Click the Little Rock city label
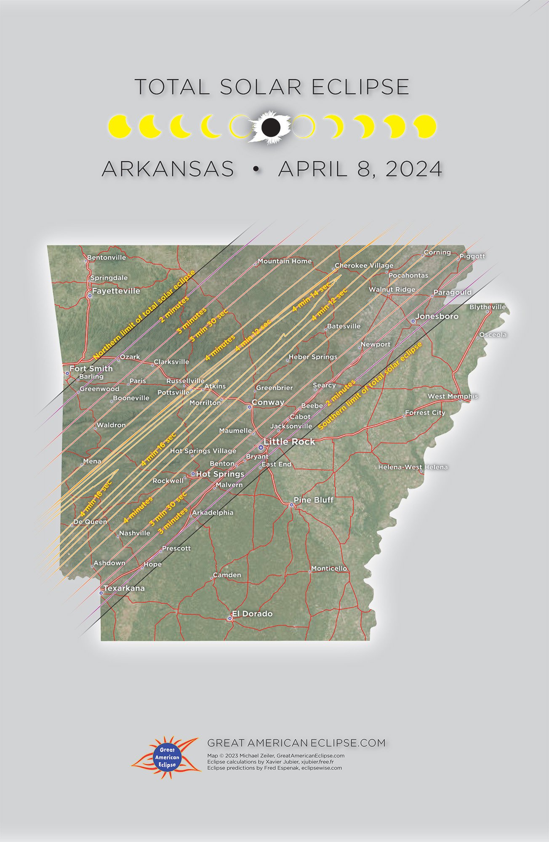click(289, 442)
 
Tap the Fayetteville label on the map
click(116, 291)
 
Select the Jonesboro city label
click(437, 316)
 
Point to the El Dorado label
click(252, 614)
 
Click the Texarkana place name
click(124, 588)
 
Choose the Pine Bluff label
click(313, 500)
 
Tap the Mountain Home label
click(285, 261)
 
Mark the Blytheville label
click(488, 307)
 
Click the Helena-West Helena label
click(413, 467)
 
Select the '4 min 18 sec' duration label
click(96, 498)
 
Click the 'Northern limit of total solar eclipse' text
click(144, 314)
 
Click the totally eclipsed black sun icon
click(271, 127)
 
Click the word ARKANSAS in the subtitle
click(168, 169)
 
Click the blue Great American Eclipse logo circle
click(167, 757)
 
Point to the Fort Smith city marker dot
click(67, 373)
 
